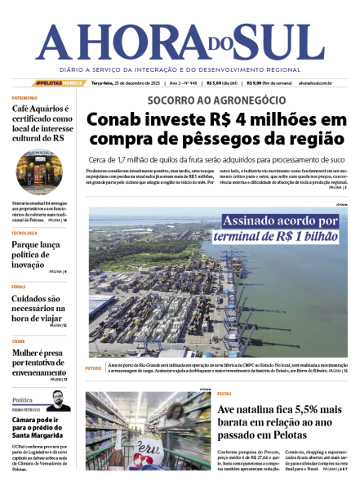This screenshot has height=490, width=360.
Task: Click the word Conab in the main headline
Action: click(x=118, y=120)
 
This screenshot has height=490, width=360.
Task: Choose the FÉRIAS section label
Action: click(x=19, y=287)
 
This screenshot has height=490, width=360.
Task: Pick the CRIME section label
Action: click(x=19, y=341)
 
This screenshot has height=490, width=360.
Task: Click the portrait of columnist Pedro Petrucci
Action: click(x=56, y=400)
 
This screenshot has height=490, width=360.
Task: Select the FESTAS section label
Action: click(x=224, y=394)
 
